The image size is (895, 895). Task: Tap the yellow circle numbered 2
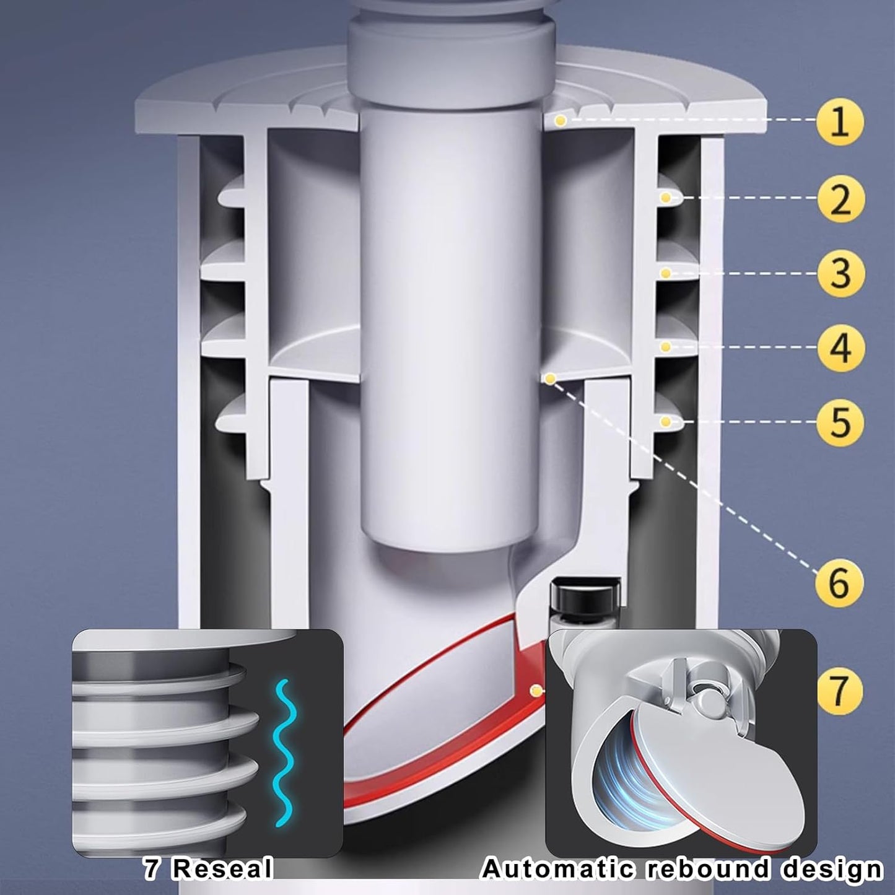[x=840, y=198]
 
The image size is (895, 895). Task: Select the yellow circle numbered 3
[x=840, y=273]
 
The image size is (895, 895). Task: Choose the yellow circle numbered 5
[x=840, y=422]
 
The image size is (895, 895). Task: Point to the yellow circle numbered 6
[x=840, y=582]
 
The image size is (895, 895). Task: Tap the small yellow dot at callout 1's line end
[x=561, y=121]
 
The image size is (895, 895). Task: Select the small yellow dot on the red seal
[x=537, y=691]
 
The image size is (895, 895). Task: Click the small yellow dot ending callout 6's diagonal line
[x=551, y=380]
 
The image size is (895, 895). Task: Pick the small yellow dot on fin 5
[x=666, y=421]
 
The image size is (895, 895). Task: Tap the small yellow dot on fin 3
[x=666, y=273]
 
